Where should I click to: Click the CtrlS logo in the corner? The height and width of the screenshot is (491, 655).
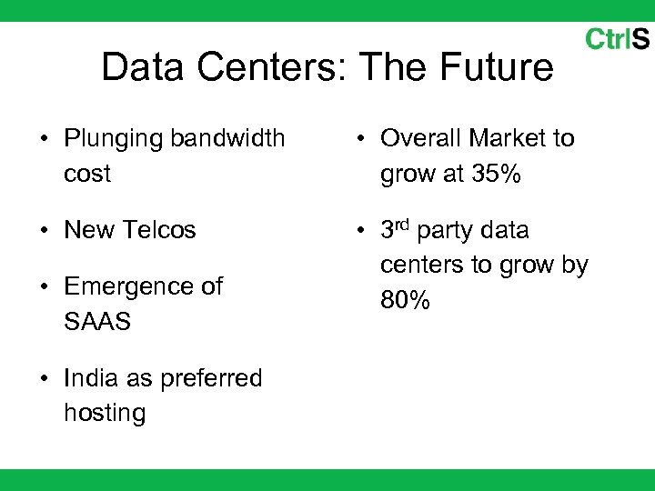pos(617,39)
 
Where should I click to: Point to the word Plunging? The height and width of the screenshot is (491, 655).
pos(114,139)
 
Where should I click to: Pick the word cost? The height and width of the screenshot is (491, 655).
pos(87,174)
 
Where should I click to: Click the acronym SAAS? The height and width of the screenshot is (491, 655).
pos(97,321)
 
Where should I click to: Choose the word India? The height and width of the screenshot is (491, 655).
pos(89,377)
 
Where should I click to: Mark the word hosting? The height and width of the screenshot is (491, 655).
pos(105,413)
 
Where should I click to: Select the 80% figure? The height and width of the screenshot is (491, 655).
pos(405,299)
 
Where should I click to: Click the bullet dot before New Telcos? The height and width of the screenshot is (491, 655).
pos(45,231)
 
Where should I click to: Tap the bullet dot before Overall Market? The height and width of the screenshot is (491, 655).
pos(361,140)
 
